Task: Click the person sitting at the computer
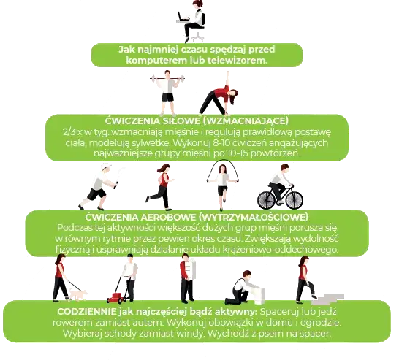tap(191, 22)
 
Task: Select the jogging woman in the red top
tap(163, 185)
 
